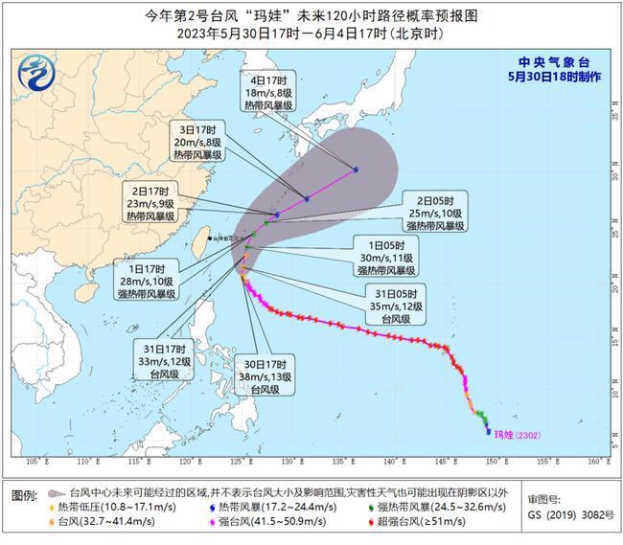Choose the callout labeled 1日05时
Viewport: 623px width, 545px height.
coord(387,257)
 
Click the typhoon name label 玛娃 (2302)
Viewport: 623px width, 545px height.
coord(518,434)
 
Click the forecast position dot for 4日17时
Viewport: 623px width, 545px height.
coord(357,170)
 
